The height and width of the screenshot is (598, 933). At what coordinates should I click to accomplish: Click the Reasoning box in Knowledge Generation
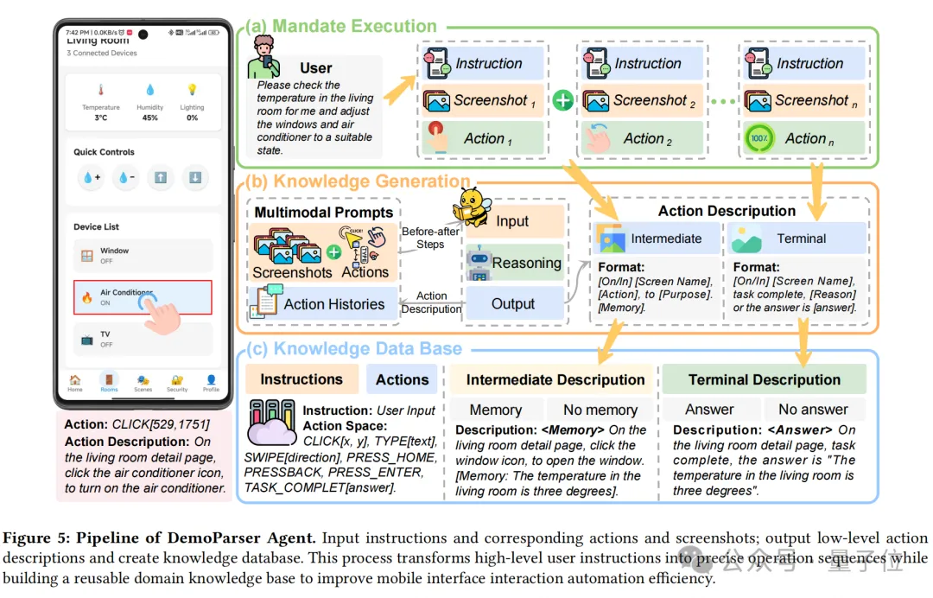(x=515, y=264)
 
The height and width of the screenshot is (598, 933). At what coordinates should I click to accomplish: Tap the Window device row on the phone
(x=143, y=256)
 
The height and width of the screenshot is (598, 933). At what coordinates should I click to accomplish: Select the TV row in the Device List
(x=143, y=339)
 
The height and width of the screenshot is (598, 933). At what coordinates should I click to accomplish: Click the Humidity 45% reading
(x=149, y=102)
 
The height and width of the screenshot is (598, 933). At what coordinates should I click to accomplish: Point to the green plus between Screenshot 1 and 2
(x=562, y=101)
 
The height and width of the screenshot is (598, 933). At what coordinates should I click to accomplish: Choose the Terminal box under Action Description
(x=797, y=239)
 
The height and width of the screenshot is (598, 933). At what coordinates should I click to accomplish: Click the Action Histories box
(x=323, y=304)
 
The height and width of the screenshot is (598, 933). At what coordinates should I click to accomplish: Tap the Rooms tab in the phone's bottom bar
(x=109, y=384)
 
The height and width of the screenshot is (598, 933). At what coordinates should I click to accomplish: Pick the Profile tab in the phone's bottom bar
(x=211, y=384)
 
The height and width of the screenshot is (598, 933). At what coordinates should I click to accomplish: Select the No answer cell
(x=813, y=410)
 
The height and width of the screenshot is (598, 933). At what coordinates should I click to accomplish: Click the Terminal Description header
(x=764, y=379)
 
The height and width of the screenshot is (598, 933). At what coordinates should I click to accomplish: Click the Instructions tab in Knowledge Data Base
(x=301, y=379)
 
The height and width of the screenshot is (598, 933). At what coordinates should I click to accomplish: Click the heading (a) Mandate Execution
(x=341, y=26)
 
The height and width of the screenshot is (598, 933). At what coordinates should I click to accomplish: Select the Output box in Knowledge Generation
(x=513, y=304)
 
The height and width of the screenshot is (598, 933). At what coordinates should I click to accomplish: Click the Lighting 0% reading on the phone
(x=192, y=102)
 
